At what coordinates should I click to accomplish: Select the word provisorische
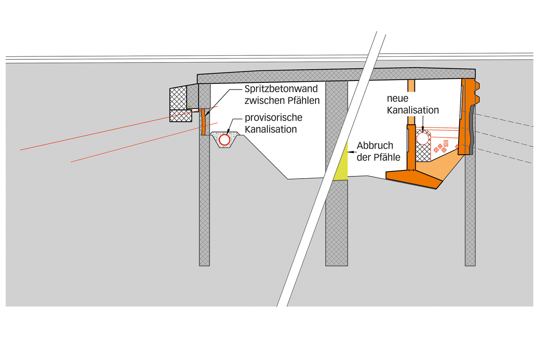[x=273, y=118]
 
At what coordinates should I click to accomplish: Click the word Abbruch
[x=374, y=146]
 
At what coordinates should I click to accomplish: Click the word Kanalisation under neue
[x=412, y=110]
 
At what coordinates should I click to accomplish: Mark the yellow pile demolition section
[x=342, y=161]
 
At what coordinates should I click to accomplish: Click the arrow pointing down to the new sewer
[x=423, y=126]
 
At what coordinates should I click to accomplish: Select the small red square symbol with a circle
[x=445, y=143]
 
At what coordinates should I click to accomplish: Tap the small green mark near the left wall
[x=190, y=107]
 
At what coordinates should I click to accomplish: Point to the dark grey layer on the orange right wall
[x=471, y=130]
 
